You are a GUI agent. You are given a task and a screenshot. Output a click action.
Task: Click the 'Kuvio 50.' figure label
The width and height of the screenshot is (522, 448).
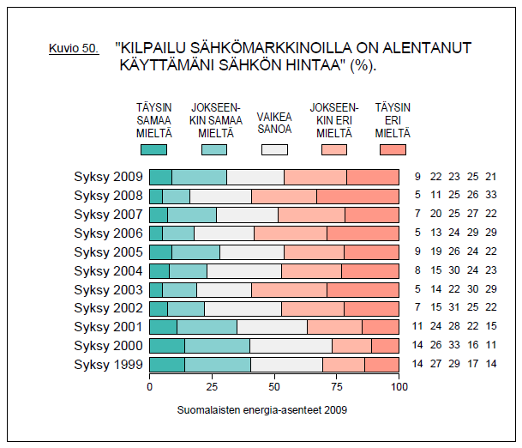74,49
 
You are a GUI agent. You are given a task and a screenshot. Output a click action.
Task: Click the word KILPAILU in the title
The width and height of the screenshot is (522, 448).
159,48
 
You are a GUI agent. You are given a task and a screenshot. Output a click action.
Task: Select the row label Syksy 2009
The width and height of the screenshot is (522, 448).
108,178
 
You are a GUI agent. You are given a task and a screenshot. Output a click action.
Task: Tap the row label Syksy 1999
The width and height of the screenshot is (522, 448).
108,365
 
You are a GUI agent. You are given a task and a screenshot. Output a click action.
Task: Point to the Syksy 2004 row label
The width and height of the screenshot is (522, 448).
108,271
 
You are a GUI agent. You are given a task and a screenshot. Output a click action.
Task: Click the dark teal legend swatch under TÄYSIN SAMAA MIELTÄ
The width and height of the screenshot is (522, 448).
153,149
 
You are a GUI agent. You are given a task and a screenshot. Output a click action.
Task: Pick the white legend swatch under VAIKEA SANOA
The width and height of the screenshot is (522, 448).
274,149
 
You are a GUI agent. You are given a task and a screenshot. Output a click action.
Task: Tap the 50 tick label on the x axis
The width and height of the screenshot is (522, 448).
274,388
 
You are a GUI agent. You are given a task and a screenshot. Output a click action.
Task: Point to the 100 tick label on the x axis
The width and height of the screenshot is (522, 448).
399,388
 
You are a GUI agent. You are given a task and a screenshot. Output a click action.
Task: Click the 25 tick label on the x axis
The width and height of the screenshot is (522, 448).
212,388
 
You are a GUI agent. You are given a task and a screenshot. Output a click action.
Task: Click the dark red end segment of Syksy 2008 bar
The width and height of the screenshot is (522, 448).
357,197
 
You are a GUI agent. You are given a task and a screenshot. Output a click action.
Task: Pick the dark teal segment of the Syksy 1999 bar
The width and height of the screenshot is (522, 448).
166,365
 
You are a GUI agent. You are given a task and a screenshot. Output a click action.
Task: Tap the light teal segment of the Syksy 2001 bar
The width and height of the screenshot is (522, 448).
207,327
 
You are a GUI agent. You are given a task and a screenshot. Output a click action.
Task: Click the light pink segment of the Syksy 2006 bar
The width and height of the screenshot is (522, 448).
291,233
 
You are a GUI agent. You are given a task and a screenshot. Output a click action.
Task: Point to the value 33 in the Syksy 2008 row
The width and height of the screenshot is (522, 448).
491,197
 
